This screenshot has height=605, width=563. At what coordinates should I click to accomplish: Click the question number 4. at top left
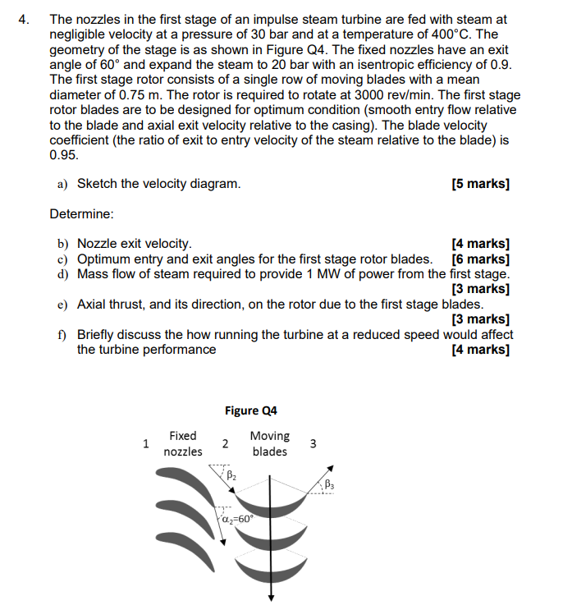coord(25,18)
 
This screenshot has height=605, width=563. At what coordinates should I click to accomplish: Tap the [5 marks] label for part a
coord(480,184)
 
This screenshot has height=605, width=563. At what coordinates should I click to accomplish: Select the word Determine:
coord(81,214)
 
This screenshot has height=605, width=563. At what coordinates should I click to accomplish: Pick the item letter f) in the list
coord(62,334)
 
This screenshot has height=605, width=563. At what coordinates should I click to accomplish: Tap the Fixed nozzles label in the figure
coord(182,444)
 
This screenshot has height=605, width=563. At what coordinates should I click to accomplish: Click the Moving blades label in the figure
coord(269,444)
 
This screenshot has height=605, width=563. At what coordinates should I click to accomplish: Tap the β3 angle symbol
coord(329,484)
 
